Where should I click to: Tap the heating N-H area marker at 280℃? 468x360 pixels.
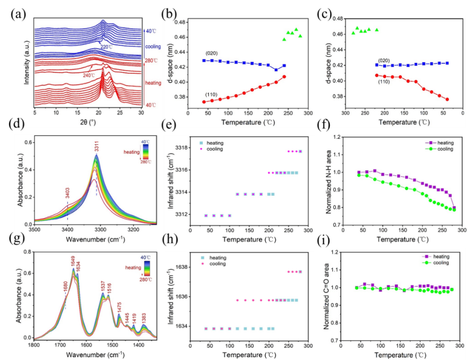pos(454,208)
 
